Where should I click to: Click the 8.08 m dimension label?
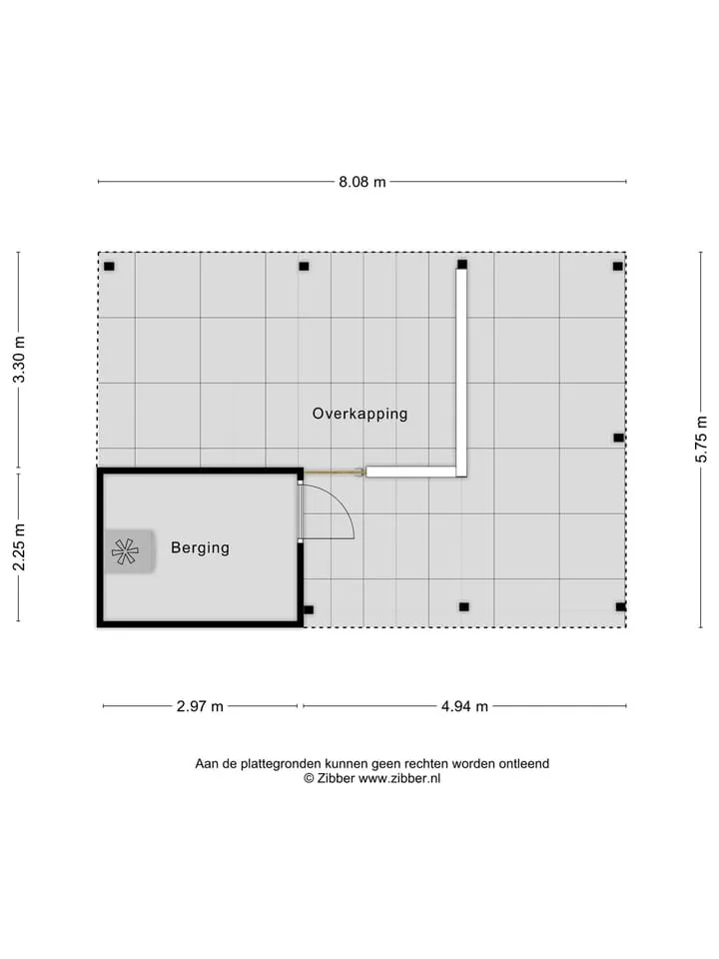tap(362, 182)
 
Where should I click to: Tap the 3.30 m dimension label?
tap(20, 360)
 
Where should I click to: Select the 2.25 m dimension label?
tap(20, 547)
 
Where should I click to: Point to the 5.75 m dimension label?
tap(701, 440)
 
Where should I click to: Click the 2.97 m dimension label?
tap(200, 706)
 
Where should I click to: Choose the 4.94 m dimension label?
tap(464, 706)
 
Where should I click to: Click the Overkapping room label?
tap(360, 414)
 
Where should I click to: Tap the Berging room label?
tap(200, 548)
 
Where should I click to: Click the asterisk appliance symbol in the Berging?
tap(125, 551)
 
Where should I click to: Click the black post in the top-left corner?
tap(110, 267)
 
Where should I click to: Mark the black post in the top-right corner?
tap(617, 267)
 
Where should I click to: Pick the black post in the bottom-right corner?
tap(620, 607)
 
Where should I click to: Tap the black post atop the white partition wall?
tap(462, 264)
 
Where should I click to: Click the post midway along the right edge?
tap(619, 438)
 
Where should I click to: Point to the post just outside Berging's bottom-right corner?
tap(309, 609)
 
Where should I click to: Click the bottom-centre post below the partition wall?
tap(464, 607)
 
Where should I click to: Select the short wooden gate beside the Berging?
tap(334, 473)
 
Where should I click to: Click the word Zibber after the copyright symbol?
tap(336, 778)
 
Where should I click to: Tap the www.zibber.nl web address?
tap(399, 778)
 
